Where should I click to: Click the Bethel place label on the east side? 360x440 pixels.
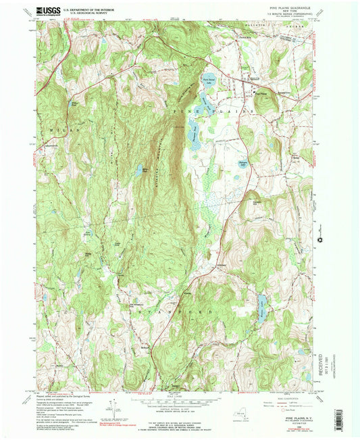pos(295,137)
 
